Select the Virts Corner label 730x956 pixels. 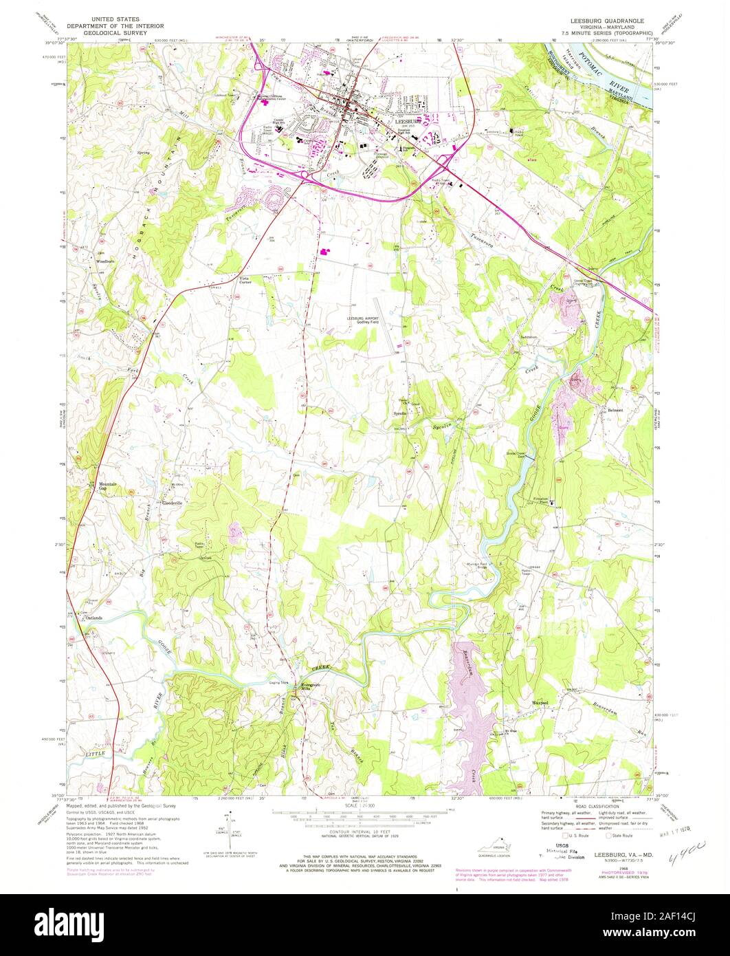point(245,280)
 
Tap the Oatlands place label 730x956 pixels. point(93,618)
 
